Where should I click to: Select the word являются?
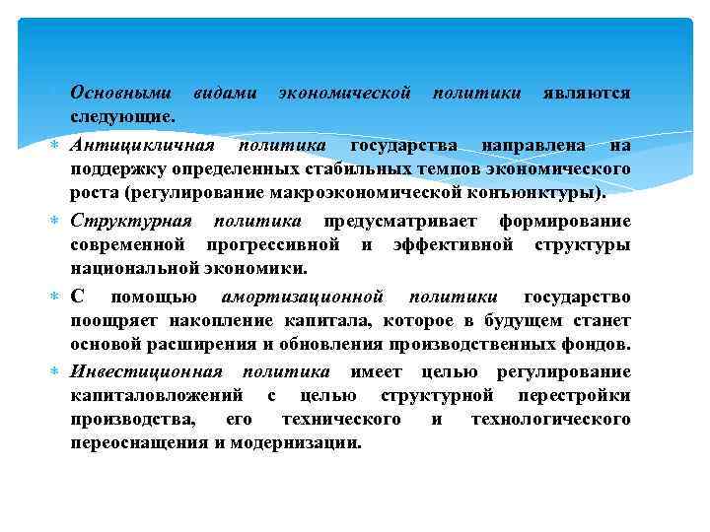587,94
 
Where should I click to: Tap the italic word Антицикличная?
142,146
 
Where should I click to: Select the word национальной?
135,267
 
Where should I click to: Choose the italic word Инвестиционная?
146,371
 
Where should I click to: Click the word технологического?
550,420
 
